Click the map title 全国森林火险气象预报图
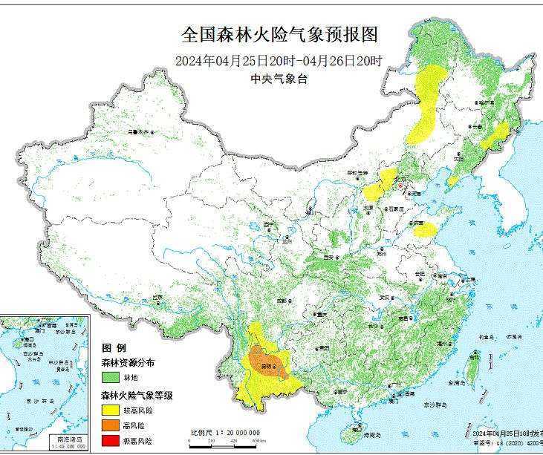coord(280,35)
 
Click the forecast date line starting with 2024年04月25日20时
coord(279,62)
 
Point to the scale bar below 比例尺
coord(223,439)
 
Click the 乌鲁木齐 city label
coord(138,131)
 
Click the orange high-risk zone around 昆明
coord(265,360)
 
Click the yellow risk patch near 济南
coord(425,230)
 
